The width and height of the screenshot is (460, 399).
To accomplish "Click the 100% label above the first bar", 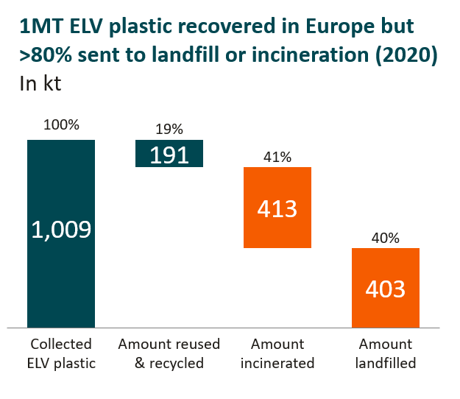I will [61, 124].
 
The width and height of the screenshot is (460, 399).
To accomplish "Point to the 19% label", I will [169, 129].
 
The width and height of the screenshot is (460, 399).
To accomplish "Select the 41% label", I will [277, 157].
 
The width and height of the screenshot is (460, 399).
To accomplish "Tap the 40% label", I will [386, 238].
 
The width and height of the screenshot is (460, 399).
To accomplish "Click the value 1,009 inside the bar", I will [61, 230].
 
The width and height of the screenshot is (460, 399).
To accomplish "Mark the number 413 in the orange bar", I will [277, 208].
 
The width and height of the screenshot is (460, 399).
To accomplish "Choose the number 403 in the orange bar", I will [386, 289].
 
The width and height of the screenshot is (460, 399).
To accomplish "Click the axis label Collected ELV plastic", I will [61, 353].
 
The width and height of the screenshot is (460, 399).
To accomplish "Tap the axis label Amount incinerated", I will [277, 353].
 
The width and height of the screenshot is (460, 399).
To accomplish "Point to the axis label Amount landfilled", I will [386, 353].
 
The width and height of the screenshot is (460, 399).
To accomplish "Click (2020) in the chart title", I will [409, 55].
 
